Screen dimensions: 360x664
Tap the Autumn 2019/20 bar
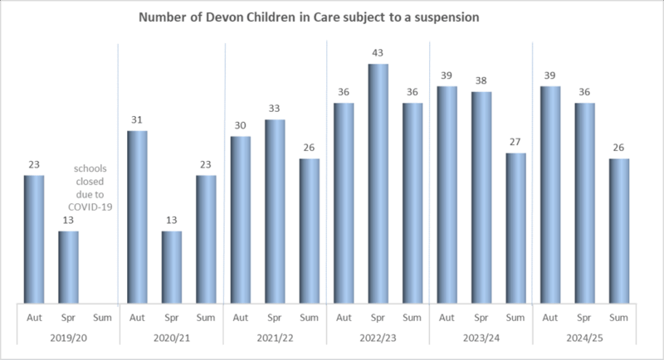click(x=34, y=241)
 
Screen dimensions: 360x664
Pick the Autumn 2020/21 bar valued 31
click(x=137, y=218)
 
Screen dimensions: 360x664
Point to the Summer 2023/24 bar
click(x=516, y=229)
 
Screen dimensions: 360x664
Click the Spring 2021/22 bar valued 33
click(x=275, y=212)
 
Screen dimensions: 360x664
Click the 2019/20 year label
click(x=68, y=338)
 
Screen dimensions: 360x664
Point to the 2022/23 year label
click(x=378, y=338)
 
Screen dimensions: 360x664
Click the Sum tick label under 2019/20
click(x=103, y=317)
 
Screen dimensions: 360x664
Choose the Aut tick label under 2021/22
click(x=241, y=317)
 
